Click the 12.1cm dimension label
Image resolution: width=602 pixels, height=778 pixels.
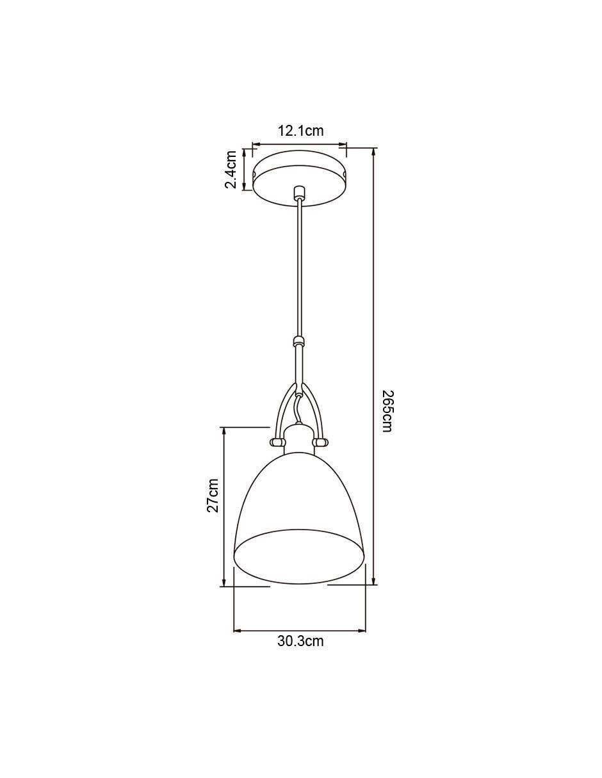(301, 131)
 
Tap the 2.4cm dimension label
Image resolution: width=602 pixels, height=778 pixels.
(231, 169)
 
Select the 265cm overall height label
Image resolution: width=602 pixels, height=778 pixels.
(387, 410)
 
